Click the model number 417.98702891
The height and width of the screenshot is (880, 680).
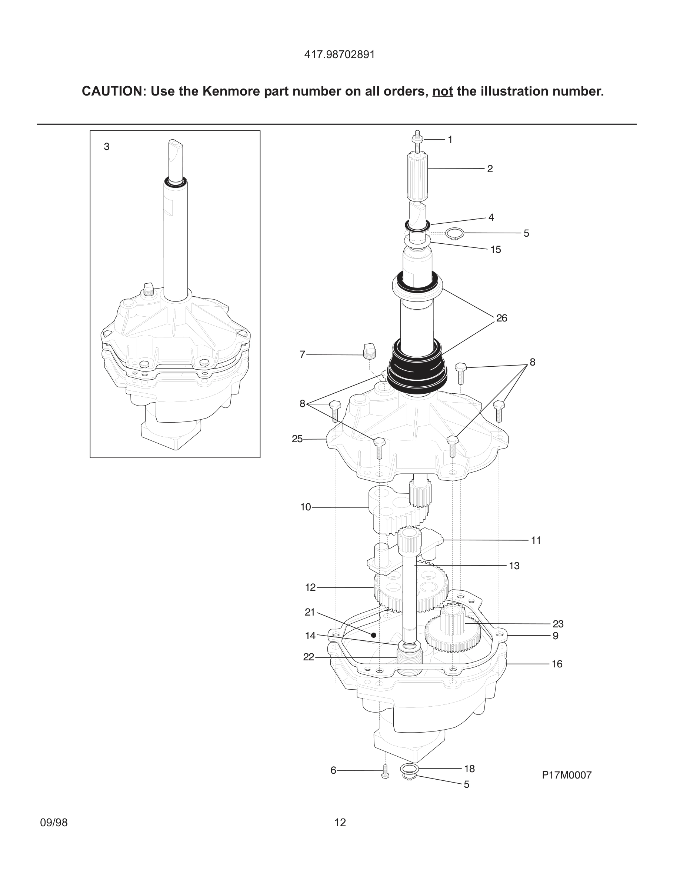pos(339,55)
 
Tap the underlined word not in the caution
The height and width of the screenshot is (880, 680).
pos(442,91)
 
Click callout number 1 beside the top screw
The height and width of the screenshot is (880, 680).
pos(450,140)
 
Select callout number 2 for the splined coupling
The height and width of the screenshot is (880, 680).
pos(490,169)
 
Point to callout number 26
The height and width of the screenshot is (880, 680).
pos(501,318)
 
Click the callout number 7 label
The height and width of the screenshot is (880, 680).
pos(303,354)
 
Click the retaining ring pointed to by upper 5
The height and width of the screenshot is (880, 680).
pos(455,233)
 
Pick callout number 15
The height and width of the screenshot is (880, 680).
pos(496,250)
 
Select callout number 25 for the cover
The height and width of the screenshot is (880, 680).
pos(297,439)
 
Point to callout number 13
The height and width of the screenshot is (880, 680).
pos(514,566)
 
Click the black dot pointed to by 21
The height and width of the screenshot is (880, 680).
pos(373,635)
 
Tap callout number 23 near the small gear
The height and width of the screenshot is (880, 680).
pos(557,624)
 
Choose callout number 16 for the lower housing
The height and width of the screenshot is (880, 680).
pos(557,664)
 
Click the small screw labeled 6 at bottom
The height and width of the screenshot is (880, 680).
pos(385,771)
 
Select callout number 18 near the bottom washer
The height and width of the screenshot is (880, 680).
pos(469,769)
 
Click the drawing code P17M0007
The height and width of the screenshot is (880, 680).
pos(566,775)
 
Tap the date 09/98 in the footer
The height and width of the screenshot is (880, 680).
pos(54,823)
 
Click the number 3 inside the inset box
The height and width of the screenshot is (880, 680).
pos(106,147)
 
